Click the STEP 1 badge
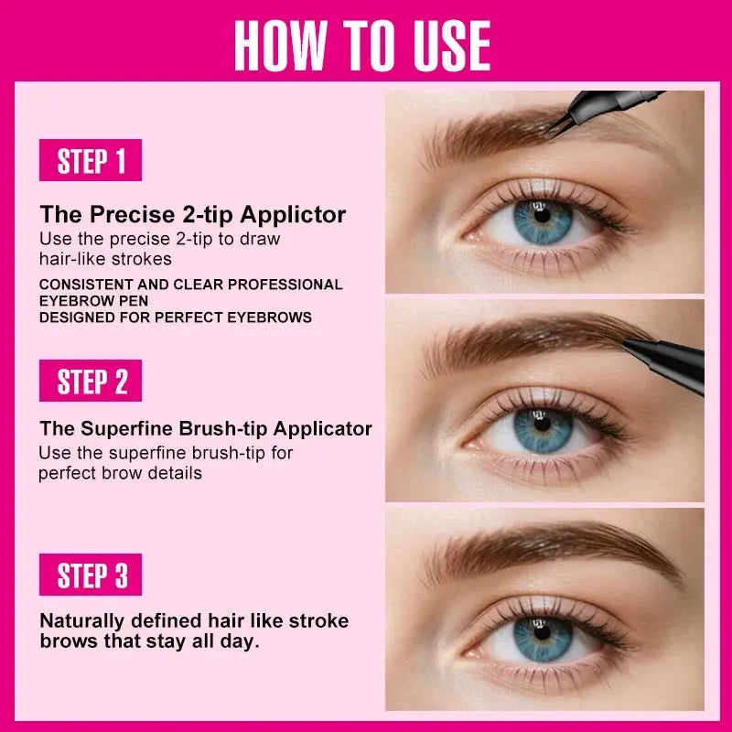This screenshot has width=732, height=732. click(91, 160)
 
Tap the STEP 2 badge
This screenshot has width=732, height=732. click(91, 381)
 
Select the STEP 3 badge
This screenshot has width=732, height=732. click(91, 575)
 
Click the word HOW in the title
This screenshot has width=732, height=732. click(281, 45)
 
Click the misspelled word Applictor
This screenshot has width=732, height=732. click(293, 215)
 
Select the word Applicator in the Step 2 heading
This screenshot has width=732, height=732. click(323, 428)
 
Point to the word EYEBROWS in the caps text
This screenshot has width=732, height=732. click(269, 318)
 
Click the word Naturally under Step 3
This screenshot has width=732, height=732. click(82, 621)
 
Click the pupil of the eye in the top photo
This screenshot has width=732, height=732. click(542, 215)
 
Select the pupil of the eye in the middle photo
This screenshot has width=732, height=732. click(542, 424)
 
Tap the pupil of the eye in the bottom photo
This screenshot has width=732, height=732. click(542, 632)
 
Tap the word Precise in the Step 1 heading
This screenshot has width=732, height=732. click(132, 215)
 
